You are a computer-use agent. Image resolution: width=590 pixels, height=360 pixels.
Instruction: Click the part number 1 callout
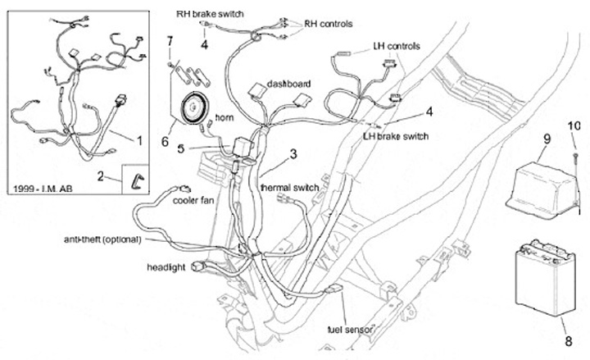tap(139, 141)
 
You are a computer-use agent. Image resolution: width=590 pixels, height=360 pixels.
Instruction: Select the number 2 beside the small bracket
tap(101, 175)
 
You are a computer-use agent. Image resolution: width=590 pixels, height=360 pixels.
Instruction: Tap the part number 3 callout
tap(293, 153)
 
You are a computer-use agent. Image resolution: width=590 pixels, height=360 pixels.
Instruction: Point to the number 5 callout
tap(183, 148)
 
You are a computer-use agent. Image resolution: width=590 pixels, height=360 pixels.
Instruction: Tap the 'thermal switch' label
tap(288, 188)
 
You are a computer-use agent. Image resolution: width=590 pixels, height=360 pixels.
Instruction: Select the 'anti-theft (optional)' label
tap(102, 239)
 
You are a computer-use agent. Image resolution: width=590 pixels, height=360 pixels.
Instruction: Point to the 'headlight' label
tap(167, 267)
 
